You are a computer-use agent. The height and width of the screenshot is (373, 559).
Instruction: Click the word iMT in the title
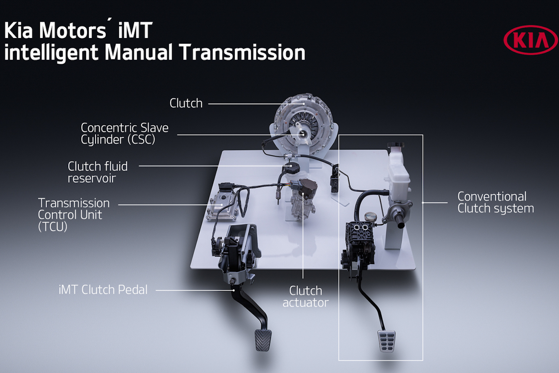point(135,30)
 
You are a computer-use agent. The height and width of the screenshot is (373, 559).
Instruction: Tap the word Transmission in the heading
point(242,53)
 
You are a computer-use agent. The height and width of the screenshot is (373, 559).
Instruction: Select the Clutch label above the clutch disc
point(186,103)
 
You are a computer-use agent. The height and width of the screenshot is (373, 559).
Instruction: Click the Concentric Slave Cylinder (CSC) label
point(124,134)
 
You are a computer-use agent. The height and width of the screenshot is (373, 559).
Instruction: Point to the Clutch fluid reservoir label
point(98,172)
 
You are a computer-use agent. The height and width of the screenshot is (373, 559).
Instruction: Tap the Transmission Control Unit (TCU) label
point(74,215)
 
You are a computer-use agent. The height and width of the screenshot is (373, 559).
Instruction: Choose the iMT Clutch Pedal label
point(103,290)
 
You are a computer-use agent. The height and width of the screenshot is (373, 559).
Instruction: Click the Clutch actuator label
point(306,297)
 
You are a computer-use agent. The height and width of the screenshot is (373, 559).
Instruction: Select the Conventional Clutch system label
point(496,203)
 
